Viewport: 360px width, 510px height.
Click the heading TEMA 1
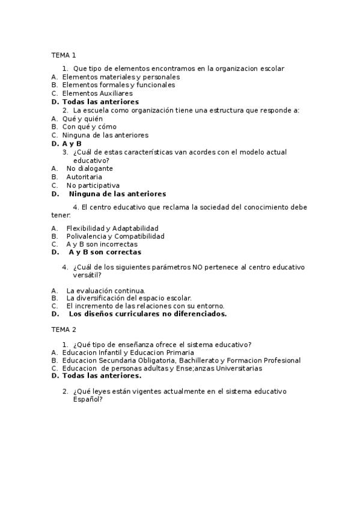point(64,55)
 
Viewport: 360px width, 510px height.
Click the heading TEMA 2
point(64,330)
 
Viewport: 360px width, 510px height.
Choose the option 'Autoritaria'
point(84,177)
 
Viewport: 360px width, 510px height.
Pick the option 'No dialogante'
point(90,168)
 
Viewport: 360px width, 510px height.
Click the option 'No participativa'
point(93,185)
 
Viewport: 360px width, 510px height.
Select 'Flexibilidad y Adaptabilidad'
point(112,229)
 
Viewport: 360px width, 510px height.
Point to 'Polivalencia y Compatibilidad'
point(115,236)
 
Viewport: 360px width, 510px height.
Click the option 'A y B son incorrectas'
point(102,244)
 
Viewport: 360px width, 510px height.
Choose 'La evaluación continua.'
point(106,290)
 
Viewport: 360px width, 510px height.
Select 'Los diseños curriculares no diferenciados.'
point(147,313)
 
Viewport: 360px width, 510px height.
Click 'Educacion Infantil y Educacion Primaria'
point(128,352)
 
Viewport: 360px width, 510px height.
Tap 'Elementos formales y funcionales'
point(118,85)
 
